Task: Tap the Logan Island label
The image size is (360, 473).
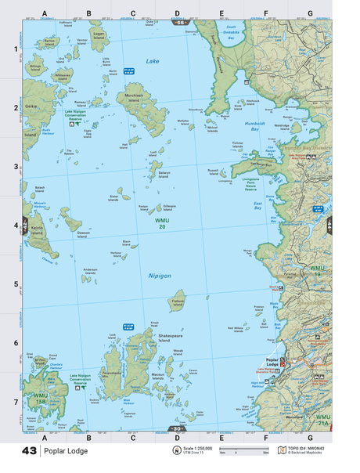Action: tap(99, 35)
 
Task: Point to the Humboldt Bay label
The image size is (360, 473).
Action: tap(255, 125)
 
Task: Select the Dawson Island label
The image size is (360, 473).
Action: tap(85, 234)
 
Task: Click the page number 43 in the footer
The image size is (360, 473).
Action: tap(30, 451)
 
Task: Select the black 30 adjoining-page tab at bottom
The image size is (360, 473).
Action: tap(178, 428)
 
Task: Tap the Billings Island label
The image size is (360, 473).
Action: tap(35, 68)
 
